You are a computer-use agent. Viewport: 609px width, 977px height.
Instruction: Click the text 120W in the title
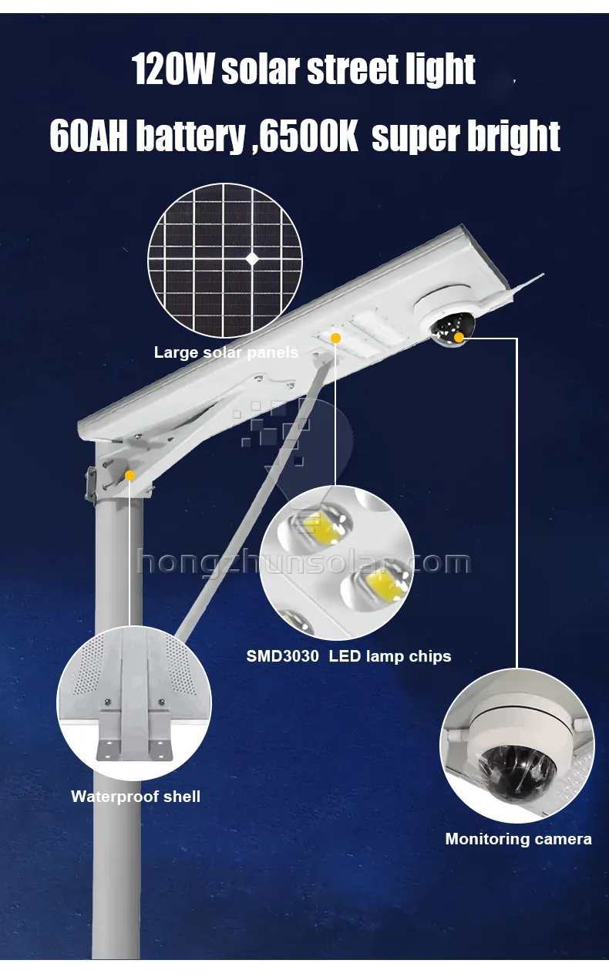(x=173, y=69)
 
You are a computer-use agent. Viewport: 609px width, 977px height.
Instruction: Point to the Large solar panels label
(x=226, y=353)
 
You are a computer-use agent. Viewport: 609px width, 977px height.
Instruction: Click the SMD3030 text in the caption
(x=282, y=656)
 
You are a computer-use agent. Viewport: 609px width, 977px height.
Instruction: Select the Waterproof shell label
(x=136, y=797)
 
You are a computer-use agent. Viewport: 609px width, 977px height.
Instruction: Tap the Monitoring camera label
(x=518, y=839)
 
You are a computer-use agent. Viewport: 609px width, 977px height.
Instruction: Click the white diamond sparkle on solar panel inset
(x=252, y=259)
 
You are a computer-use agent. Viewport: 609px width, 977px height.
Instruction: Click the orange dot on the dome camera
(x=459, y=337)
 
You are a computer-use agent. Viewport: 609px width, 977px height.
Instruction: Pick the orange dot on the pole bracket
(x=130, y=476)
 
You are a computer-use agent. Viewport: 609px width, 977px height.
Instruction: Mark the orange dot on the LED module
(x=335, y=338)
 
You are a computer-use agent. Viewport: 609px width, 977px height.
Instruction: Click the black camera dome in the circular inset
(x=516, y=768)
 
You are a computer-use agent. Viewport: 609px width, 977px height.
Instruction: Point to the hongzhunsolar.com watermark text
(x=304, y=562)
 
